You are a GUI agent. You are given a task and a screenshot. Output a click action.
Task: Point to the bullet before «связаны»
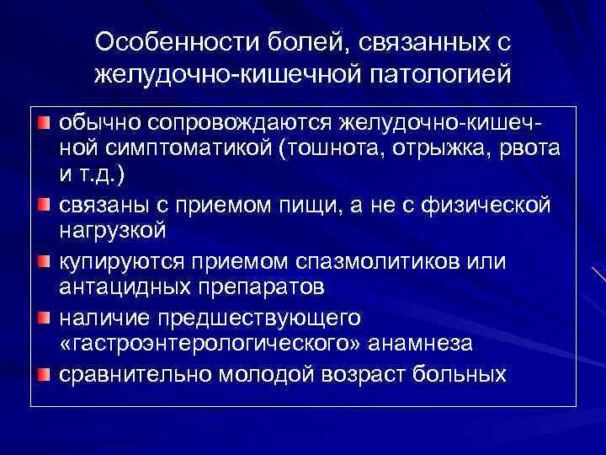[43, 206]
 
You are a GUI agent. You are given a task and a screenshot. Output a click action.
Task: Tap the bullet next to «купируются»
[43, 261]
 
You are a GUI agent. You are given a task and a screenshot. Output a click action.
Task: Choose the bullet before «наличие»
[43, 317]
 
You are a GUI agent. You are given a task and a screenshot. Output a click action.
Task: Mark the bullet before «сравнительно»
[43, 372]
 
